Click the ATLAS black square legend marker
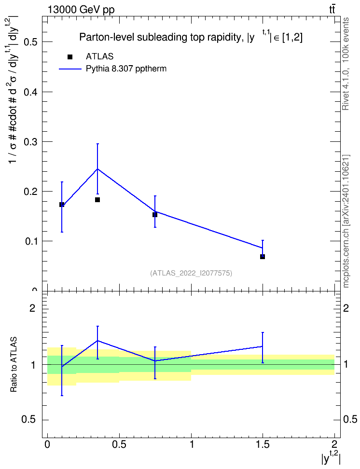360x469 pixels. pyautogui.click(x=70, y=57)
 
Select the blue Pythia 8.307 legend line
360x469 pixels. pyautogui.click(x=70, y=69)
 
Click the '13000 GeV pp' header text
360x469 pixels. pyautogui.click(x=81, y=10)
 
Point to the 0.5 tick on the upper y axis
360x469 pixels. pyautogui.click(x=30, y=42)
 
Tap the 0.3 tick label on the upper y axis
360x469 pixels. pyautogui.click(x=30, y=141)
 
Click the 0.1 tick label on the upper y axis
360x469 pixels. pyautogui.click(x=30, y=241)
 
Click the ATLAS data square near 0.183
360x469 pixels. pyautogui.click(x=97, y=199)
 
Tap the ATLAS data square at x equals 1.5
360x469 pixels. pyautogui.click(x=263, y=257)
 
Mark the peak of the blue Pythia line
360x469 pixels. pyautogui.click(x=97, y=169)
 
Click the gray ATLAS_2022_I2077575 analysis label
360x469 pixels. pyautogui.click(x=191, y=273)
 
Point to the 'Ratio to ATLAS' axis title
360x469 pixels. pyautogui.click(x=14, y=364)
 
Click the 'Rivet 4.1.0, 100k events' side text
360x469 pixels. pyautogui.click(x=346, y=64)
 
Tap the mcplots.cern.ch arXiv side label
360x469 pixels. pyautogui.click(x=346, y=221)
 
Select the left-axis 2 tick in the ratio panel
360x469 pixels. pyautogui.click(x=32, y=308)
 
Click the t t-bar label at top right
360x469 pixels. pyautogui.click(x=332, y=10)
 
